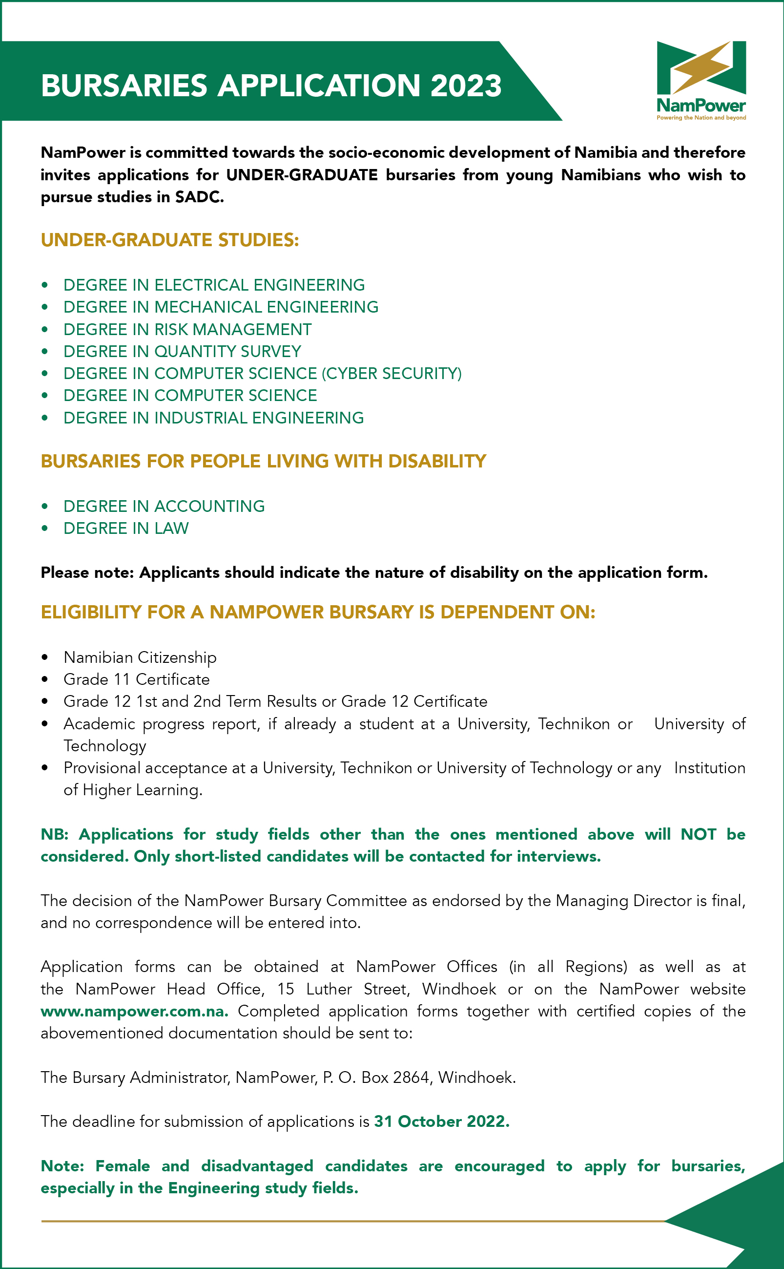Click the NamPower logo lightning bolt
tap(701, 66)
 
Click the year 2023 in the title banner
tap(465, 85)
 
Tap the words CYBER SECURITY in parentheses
tap(392, 374)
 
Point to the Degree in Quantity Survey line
tap(182, 351)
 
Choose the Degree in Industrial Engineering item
tap(213, 418)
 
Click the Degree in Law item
tap(126, 528)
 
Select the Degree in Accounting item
tap(164, 506)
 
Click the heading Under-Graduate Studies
tap(169, 240)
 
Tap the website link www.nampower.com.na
tap(134, 1011)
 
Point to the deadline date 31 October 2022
tap(441, 1121)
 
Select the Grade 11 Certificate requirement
tap(136, 679)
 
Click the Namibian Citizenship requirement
tap(140, 657)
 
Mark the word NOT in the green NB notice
tap(698, 834)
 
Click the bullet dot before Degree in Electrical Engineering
tap(45, 285)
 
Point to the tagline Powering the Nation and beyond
tap(701, 118)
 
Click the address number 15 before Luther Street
tap(286, 989)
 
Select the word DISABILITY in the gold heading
tap(436, 461)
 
